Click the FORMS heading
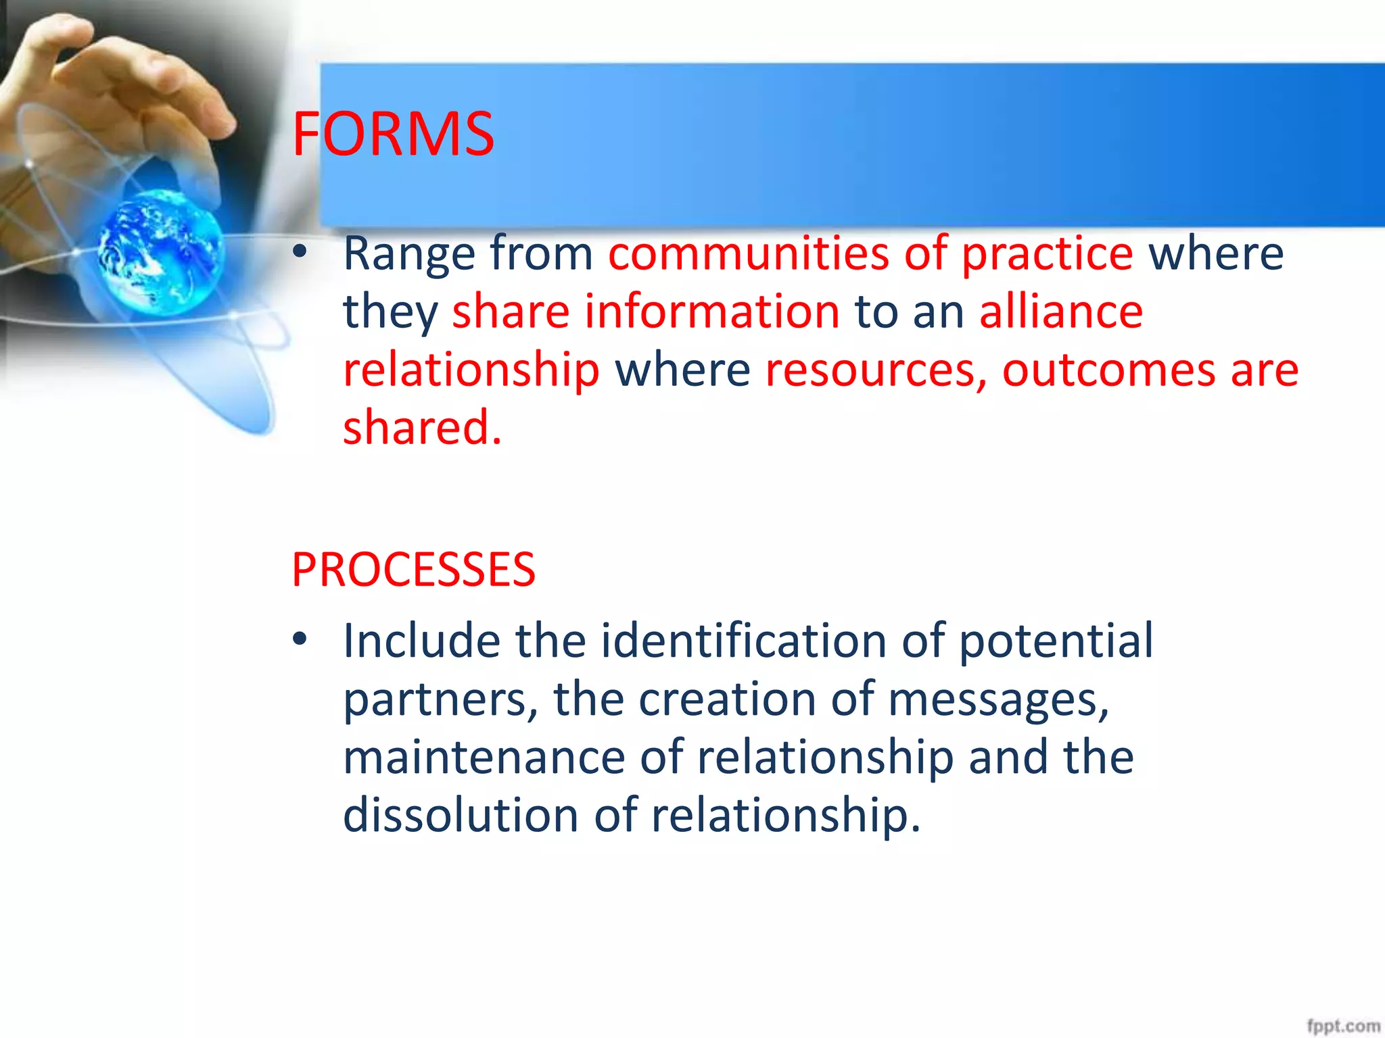pyautogui.click(x=393, y=134)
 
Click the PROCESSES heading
pyautogui.click(x=413, y=570)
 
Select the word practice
pyautogui.click(x=1047, y=254)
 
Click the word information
pyautogui.click(x=712, y=312)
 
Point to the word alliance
pyautogui.click(x=1061, y=312)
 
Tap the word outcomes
pyautogui.click(x=1108, y=370)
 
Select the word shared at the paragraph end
pyautogui.click(x=422, y=428)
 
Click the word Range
pyautogui.click(x=410, y=254)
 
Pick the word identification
pyautogui.click(x=743, y=641)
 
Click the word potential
pyautogui.click(x=1056, y=642)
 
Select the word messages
pyautogui.click(x=998, y=700)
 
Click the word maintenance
pyautogui.click(x=484, y=757)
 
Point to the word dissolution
pyautogui.click(x=461, y=815)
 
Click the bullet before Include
pyautogui.click(x=300, y=639)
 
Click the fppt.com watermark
pyautogui.click(x=1342, y=1026)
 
